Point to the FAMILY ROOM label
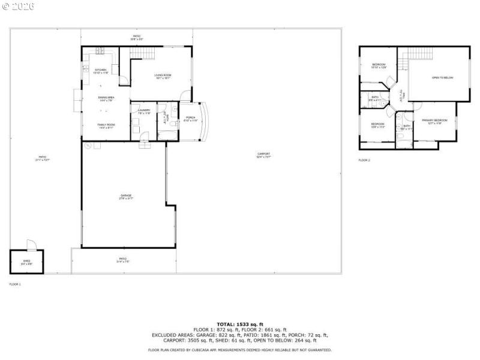point(106,125)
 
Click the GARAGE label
point(126,196)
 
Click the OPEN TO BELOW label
point(442,78)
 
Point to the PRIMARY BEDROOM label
point(434,121)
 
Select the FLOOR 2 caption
point(364,160)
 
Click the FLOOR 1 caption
point(15,283)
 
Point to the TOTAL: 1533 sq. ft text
point(240,324)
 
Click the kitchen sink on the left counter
point(86,68)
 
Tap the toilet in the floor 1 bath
point(173,123)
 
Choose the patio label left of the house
point(42,158)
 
